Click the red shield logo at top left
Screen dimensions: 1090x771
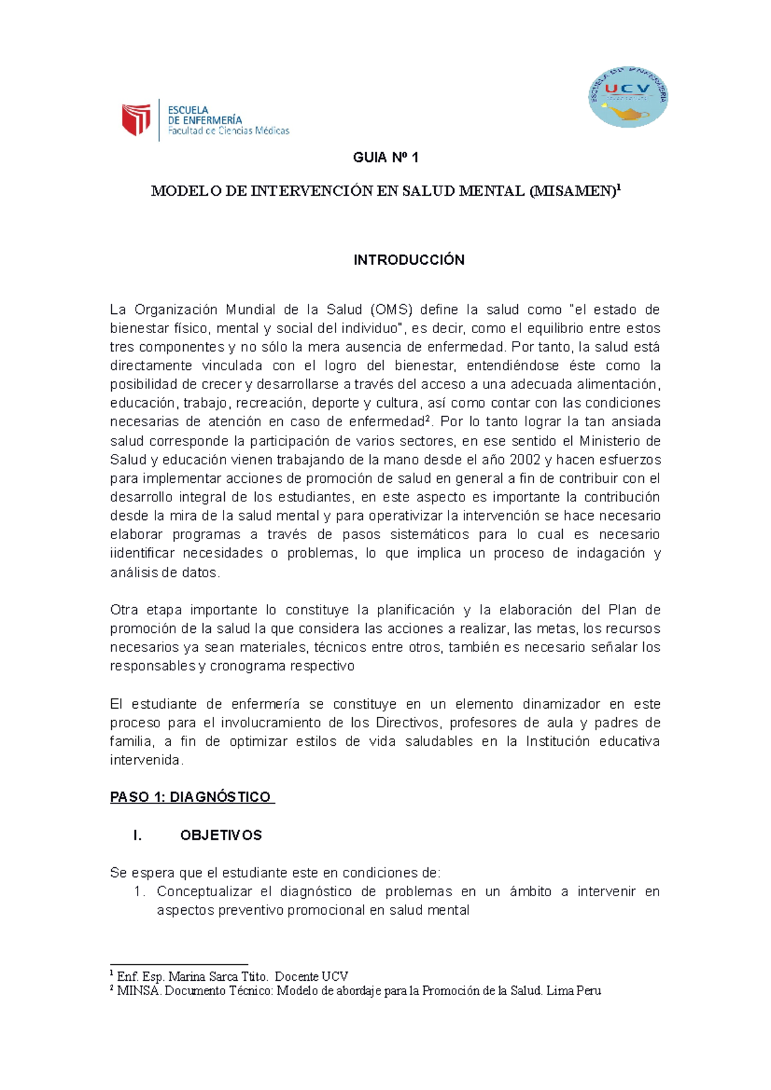coord(136,120)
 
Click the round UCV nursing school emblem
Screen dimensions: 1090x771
coord(628,96)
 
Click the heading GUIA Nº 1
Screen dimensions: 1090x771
coord(385,158)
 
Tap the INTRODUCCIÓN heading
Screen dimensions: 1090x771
coord(409,260)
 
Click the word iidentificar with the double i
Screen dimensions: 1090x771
coord(142,553)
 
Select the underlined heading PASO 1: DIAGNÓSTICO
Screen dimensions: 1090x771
coord(191,797)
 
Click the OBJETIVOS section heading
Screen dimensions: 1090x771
coord(221,835)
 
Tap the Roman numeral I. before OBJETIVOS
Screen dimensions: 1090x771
coord(137,835)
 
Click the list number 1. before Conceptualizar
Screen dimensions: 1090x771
coord(140,892)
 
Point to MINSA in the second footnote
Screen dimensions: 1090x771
coord(139,991)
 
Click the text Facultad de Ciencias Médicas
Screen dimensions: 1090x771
coord(229,131)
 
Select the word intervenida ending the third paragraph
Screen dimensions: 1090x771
coord(146,760)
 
